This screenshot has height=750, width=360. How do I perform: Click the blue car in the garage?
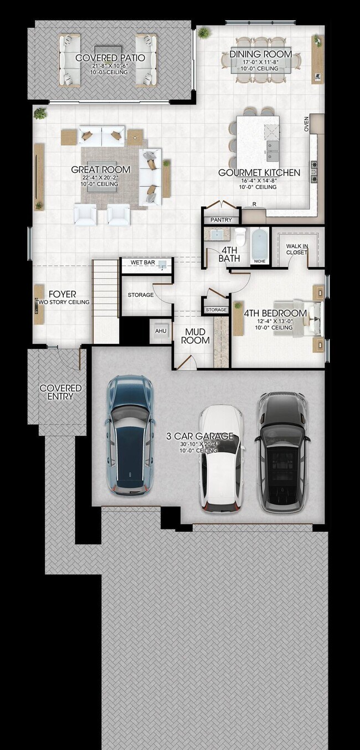pos(130,435)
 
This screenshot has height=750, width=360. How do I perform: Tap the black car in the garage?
pos(282,451)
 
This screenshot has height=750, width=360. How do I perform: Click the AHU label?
pos(161,331)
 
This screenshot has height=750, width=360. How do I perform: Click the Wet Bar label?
pos(142,262)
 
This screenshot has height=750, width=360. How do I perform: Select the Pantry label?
pos(221,220)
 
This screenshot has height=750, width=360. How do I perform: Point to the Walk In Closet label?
pos(297,249)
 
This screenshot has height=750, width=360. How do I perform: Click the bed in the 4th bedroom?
pos(307,318)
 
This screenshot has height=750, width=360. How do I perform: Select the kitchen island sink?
pos(272,146)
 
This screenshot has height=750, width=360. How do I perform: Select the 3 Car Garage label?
pos(200,436)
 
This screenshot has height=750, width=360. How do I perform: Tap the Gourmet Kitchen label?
pos(259,173)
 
